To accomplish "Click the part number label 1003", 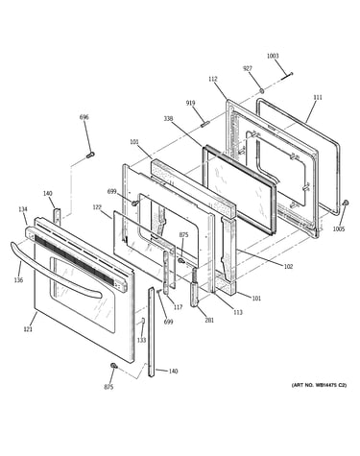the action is coord(273,56).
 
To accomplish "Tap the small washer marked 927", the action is coord(261,91).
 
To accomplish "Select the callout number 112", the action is coord(212,79).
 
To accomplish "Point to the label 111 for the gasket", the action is coord(318,97).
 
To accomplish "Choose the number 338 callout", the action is coord(168,119).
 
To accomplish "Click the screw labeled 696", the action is coord(89,156).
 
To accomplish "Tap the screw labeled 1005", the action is coord(346,203).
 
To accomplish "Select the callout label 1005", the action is coord(339,229).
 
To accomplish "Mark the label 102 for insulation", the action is coord(288,267).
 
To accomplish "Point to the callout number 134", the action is coord(23,209).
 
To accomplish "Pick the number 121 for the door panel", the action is coord(28,328).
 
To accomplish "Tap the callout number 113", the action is coord(238,313).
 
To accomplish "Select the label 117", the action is coord(178,307).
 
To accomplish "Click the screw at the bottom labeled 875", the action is coord(113,366).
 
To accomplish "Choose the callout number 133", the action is coord(141,340).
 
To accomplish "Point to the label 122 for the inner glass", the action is coord(97,207).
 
